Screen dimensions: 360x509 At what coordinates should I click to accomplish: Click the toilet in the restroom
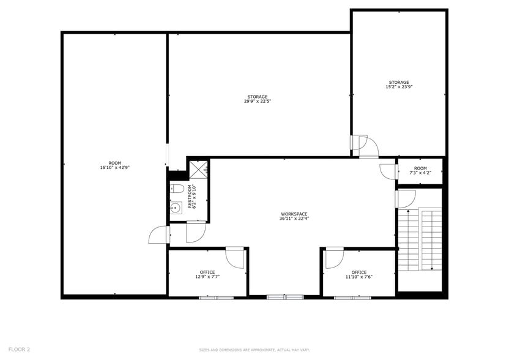pos(176,188)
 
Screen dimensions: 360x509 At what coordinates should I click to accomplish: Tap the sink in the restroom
pos(176,208)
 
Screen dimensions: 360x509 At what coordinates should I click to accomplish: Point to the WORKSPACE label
pos(294,214)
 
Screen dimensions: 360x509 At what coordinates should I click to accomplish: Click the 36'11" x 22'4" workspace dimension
pos(294,219)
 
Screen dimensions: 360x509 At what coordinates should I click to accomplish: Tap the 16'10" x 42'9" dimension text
pos(115,168)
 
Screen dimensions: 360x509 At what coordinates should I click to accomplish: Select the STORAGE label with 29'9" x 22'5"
pos(258,97)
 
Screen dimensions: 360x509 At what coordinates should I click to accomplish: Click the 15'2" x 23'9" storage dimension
pos(399,87)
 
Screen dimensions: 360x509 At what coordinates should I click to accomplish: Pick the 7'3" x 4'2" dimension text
pos(420,173)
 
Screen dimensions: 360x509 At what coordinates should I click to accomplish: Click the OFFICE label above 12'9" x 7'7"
pos(207,272)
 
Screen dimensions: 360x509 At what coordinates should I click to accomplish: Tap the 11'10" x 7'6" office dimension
pos(359,277)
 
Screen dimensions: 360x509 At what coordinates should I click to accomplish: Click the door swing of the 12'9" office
pos(235,257)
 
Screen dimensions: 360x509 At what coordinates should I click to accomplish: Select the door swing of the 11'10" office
pos(334,258)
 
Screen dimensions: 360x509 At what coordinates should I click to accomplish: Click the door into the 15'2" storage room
pos(368,146)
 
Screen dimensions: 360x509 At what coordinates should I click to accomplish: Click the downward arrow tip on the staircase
pos(433,269)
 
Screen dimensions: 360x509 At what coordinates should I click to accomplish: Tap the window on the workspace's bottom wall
pos(285,297)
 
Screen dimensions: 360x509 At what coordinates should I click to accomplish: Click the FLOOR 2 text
pos(19,349)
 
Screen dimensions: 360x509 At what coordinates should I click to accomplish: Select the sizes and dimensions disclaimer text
pos(254,350)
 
